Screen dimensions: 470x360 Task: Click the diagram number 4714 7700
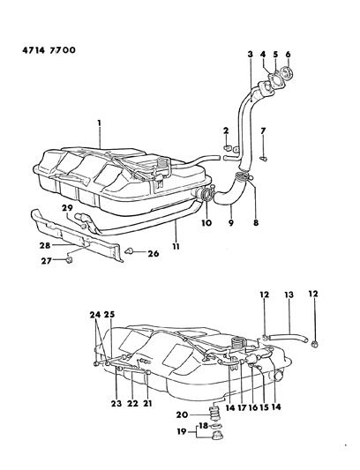coord(44,51)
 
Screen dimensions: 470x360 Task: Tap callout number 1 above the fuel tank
coord(101,123)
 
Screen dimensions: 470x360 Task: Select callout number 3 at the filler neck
coord(250,55)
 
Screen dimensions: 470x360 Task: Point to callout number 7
coord(265,131)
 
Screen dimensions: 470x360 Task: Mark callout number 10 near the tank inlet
coord(207,222)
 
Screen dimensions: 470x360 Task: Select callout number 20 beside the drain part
coord(180,415)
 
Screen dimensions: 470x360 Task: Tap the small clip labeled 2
coord(228,148)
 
